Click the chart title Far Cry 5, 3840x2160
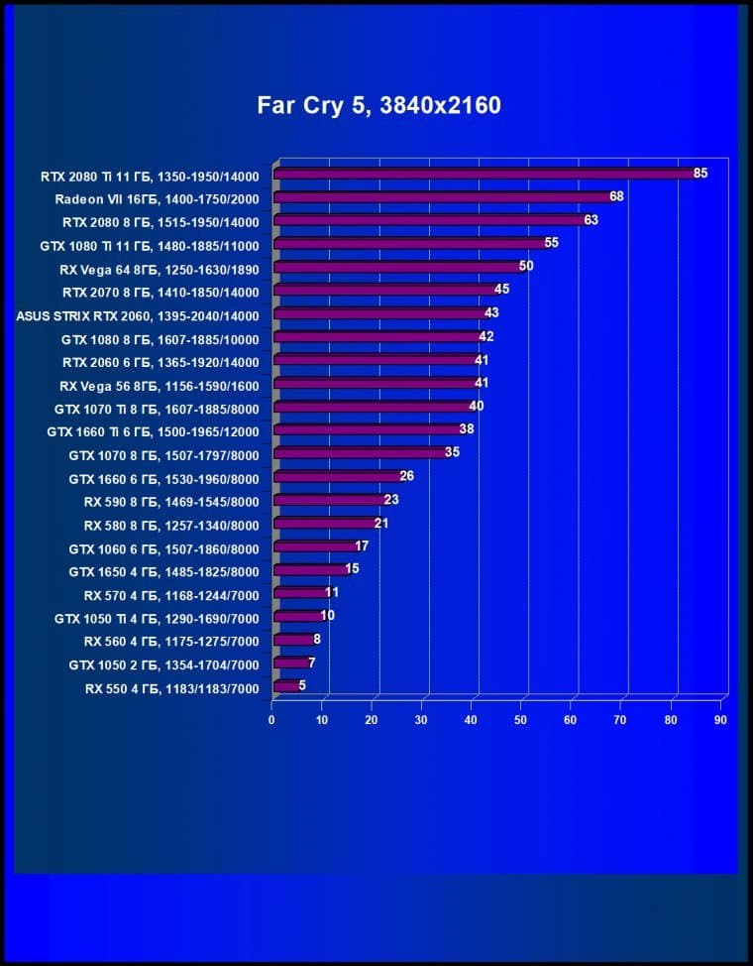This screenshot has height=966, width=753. [x=378, y=105]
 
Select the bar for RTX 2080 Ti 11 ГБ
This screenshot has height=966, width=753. [x=485, y=174]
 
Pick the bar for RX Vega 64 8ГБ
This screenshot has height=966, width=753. [x=396, y=267]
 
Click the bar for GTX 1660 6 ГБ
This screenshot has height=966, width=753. [x=337, y=477]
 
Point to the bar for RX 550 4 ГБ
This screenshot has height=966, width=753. [x=285, y=686]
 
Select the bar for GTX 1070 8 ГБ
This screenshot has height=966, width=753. [x=359, y=453]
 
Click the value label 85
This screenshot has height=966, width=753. [x=700, y=174]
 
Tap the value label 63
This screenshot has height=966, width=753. [x=591, y=220]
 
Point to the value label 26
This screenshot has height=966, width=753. [x=406, y=477]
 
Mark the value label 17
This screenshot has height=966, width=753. [x=362, y=546]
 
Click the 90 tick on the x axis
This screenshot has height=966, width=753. [x=720, y=720]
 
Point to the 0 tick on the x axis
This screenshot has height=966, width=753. [x=271, y=720]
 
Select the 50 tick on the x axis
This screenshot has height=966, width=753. [x=521, y=720]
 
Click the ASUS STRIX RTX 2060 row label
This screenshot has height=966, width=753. [x=138, y=316]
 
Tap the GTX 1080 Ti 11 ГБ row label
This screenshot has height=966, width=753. [x=149, y=245]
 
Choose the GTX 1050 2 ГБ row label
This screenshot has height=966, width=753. [x=163, y=665]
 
